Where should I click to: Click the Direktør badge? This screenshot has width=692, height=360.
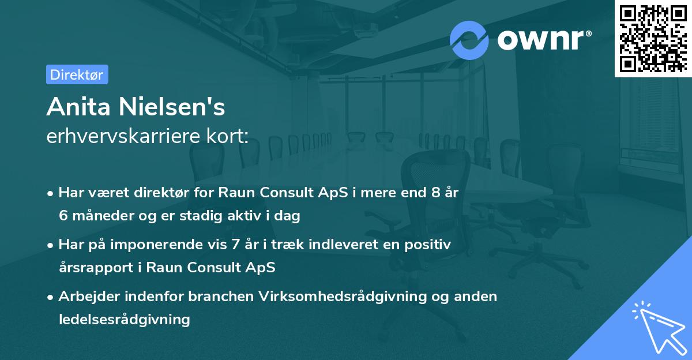click(x=77, y=74)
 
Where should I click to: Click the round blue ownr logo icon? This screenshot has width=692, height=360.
click(x=469, y=40)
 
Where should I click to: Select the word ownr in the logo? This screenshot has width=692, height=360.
click(x=543, y=40)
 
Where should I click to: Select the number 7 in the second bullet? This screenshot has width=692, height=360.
click(x=236, y=245)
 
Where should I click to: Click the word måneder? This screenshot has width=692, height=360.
click(x=96, y=216)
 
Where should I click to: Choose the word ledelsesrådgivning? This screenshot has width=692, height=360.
click(x=124, y=318)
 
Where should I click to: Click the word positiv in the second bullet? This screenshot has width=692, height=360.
click(x=430, y=245)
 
